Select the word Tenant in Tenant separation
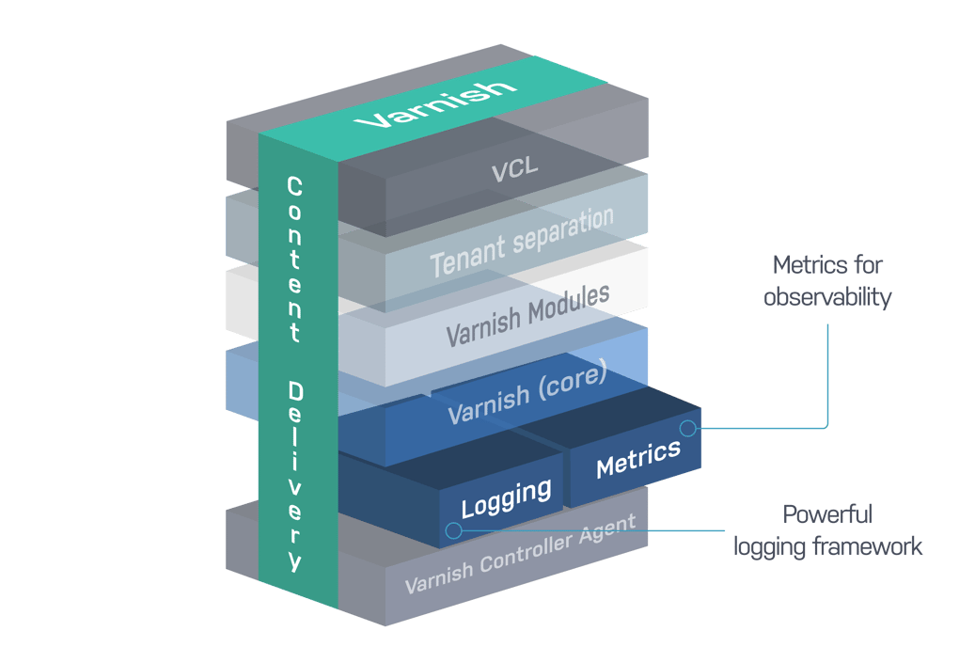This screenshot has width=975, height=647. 462,257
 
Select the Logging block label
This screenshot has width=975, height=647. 506,497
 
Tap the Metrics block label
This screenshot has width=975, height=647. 637,458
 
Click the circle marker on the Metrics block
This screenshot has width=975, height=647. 687,429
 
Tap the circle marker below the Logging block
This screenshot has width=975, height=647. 453,530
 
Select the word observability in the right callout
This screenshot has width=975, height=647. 827,297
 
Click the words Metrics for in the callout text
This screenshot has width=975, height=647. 827,265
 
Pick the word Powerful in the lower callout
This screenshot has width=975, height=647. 827,514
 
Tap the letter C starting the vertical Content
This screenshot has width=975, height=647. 294,186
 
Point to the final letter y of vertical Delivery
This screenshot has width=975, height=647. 295,562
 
